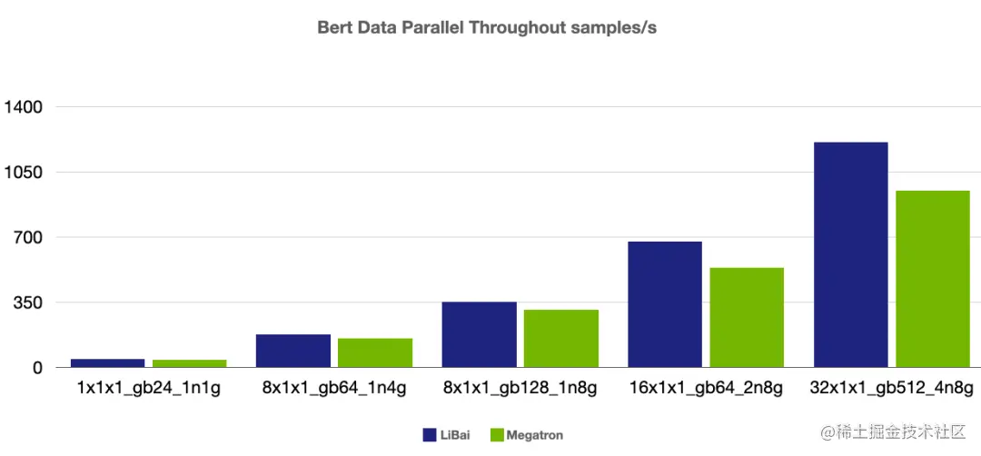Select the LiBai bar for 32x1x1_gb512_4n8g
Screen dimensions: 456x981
pyautogui.click(x=850, y=254)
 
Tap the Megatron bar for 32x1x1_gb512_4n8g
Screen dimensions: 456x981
pyautogui.click(x=933, y=279)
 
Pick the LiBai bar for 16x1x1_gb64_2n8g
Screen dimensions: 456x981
pyautogui.click(x=665, y=304)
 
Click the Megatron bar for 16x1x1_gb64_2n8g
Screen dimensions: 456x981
pyautogui.click(x=747, y=317)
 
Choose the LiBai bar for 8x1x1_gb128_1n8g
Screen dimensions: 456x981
pyautogui.click(x=479, y=334)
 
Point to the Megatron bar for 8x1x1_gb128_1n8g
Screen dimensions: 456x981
pyautogui.click(x=561, y=338)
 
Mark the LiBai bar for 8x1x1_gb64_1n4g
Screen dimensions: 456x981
pyautogui.click(x=293, y=351)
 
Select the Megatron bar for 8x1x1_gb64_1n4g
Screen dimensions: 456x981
pyautogui.click(x=375, y=352)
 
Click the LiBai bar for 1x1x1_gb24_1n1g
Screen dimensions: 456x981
pyautogui.click(x=107, y=362)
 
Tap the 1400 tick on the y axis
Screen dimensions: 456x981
pyautogui.click(x=24, y=107)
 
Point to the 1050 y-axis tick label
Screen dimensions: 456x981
pyautogui.click(x=24, y=173)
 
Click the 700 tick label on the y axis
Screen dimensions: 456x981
pyautogui.click(x=28, y=238)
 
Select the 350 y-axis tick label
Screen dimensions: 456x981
pyautogui.click(x=28, y=302)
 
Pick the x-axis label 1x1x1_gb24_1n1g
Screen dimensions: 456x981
pyautogui.click(x=148, y=389)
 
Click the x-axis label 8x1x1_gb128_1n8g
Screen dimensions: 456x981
pyautogui.click(x=520, y=389)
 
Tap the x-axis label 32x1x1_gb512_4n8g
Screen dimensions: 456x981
pyautogui.click(x=891, y=389)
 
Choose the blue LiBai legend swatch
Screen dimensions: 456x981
pyautogui.click(x=430, y=435)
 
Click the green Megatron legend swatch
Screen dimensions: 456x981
pyautogui.click(x=497, y=435)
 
